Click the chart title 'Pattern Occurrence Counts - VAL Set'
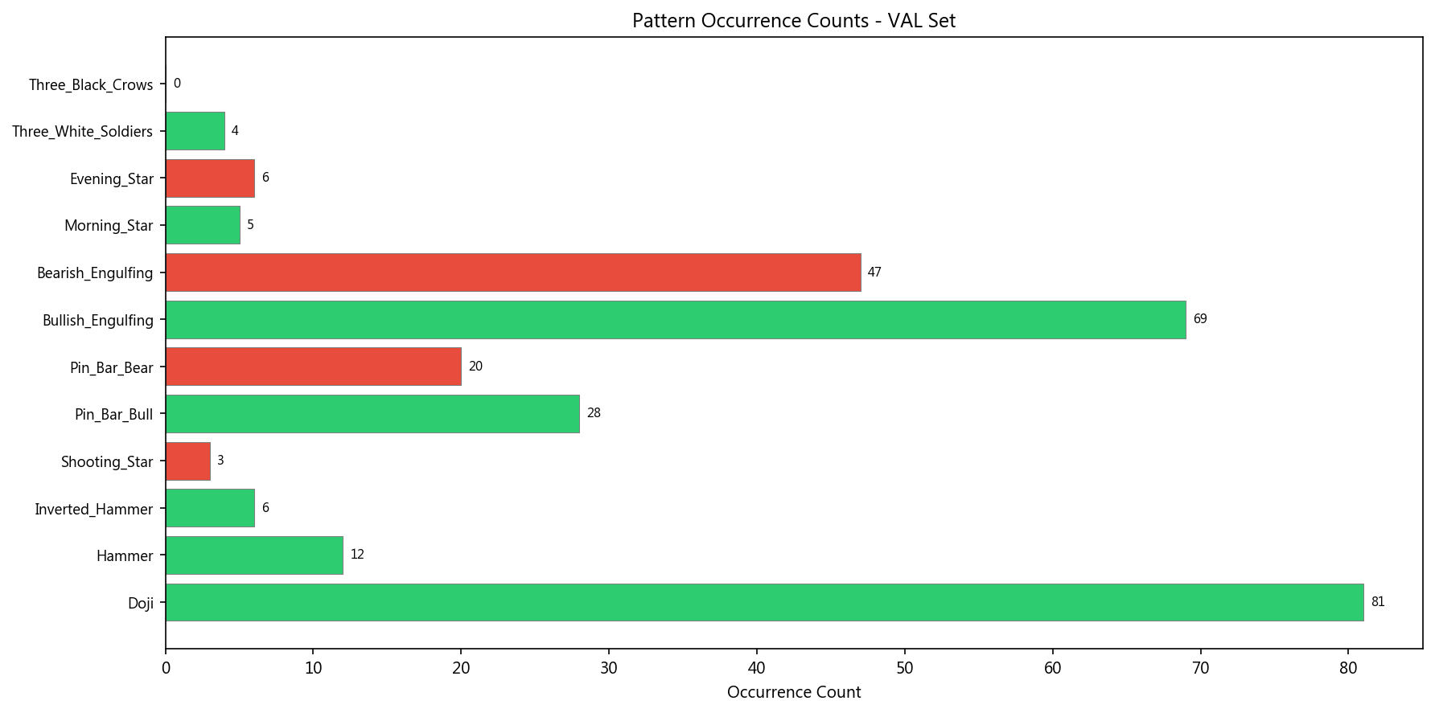(793, 21)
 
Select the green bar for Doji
(764, 602)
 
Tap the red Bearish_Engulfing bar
(513, 272)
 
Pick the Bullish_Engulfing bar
(676, 320)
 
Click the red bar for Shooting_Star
(188, 461)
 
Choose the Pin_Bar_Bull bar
(372, 414)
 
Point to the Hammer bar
(254, 555)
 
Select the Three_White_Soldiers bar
(195, 131)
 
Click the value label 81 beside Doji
(1378, 602)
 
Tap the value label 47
(874, 272)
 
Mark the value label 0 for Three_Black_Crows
(177, 84)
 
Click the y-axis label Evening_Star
(111, 178)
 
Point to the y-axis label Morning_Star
(109, 226)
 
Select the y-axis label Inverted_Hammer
(93, 509)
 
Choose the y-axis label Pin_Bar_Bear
(111, 367)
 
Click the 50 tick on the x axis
(905, 668)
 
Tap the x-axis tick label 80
(1348, 668)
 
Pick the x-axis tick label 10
(314, 668)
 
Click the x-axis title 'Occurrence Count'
(793, 692)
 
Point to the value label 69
(1200, 319)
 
